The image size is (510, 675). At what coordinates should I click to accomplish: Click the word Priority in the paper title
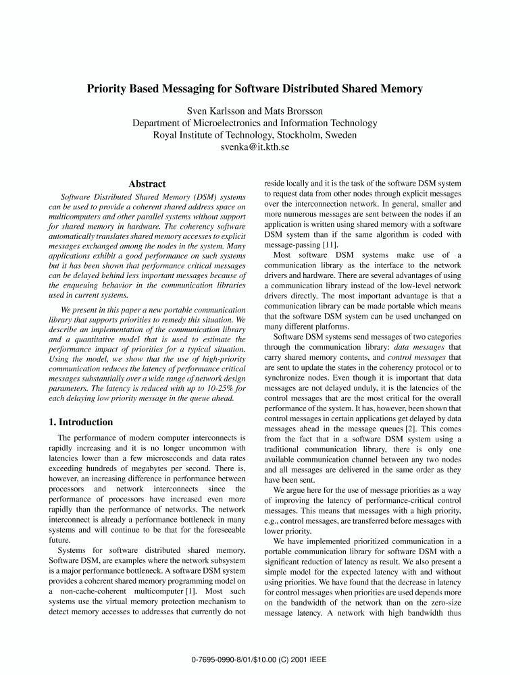(x=108, y=89)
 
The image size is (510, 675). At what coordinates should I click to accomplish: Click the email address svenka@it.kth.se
(x=255, y=146)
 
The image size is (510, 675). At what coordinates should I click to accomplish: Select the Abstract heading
(x=147, y=184)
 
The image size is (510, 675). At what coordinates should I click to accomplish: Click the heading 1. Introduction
(x=80, y=422)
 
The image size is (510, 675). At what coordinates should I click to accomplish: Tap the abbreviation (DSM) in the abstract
(x=174, y=196)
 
